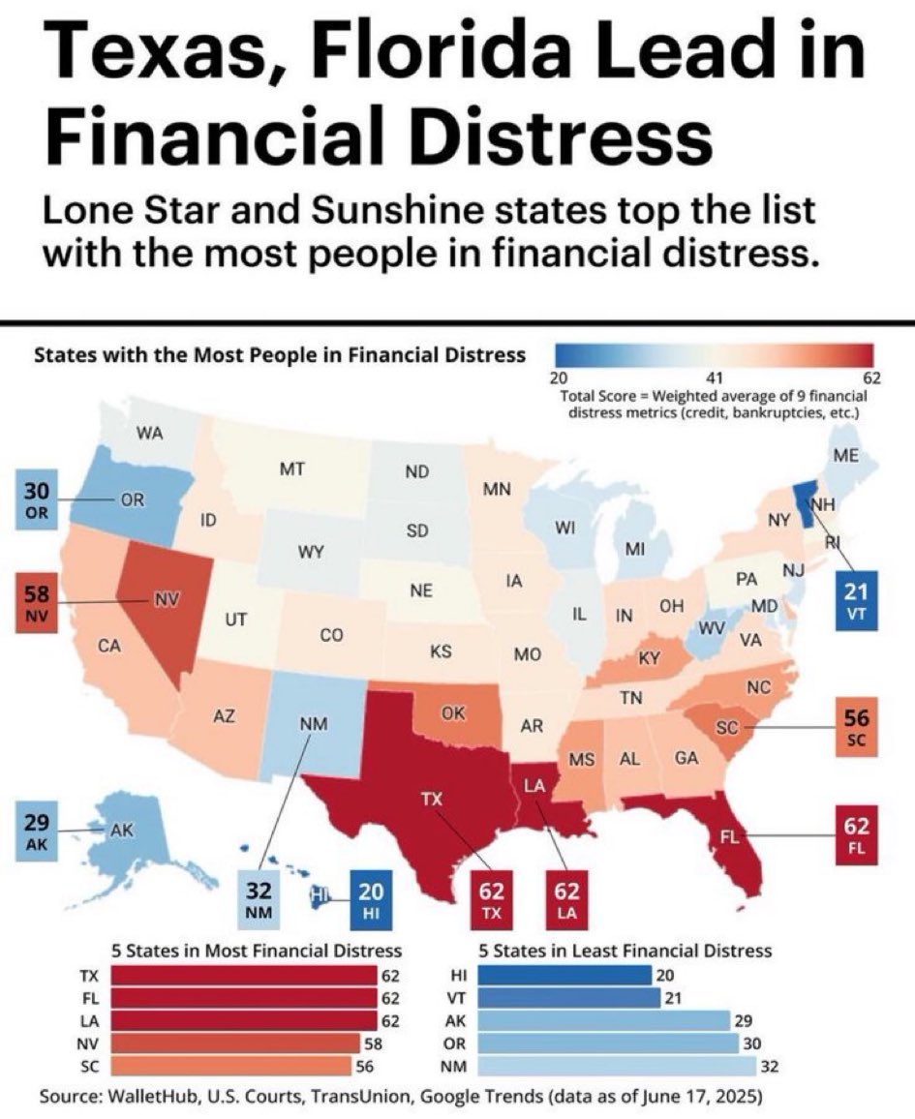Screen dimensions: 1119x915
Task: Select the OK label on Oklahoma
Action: pos(452,714)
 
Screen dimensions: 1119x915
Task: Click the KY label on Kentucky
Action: pos(649,658)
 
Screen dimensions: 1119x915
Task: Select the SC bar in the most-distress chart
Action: pos(232,1066)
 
